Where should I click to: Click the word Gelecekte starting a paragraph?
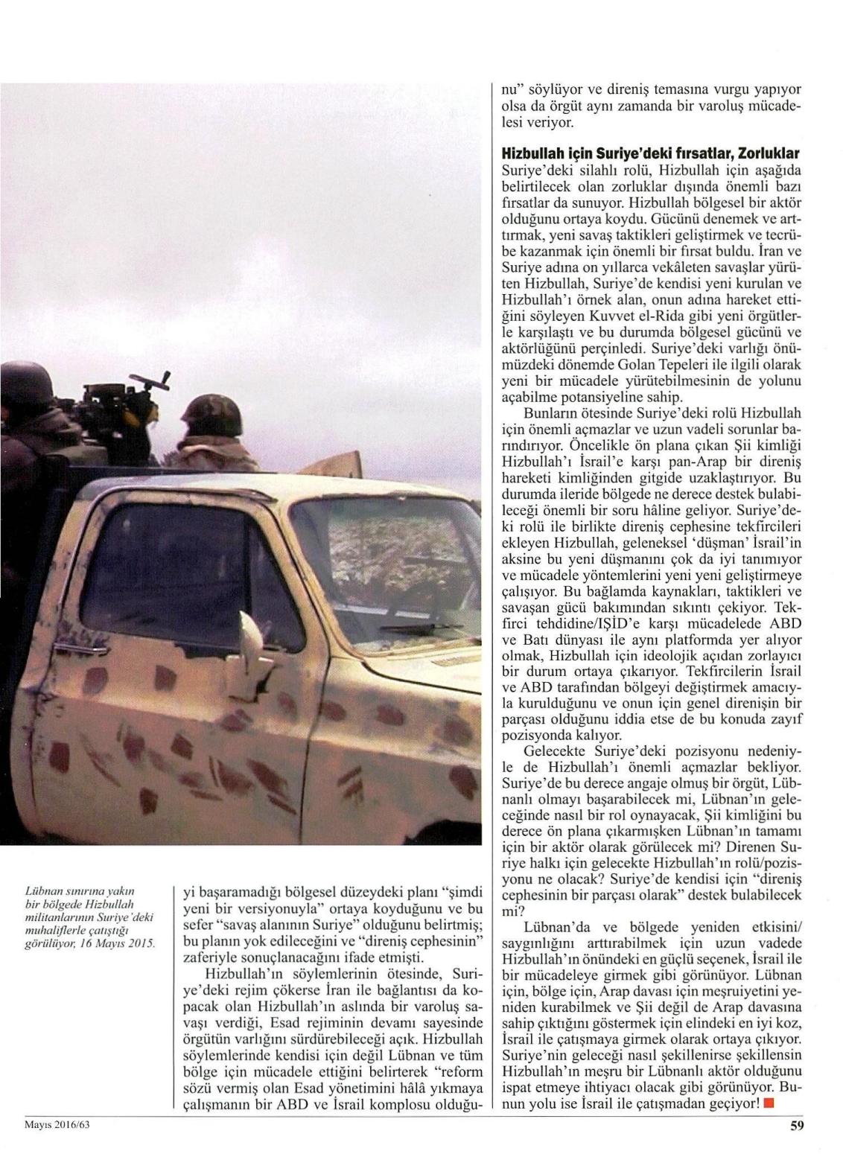[556, 750]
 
